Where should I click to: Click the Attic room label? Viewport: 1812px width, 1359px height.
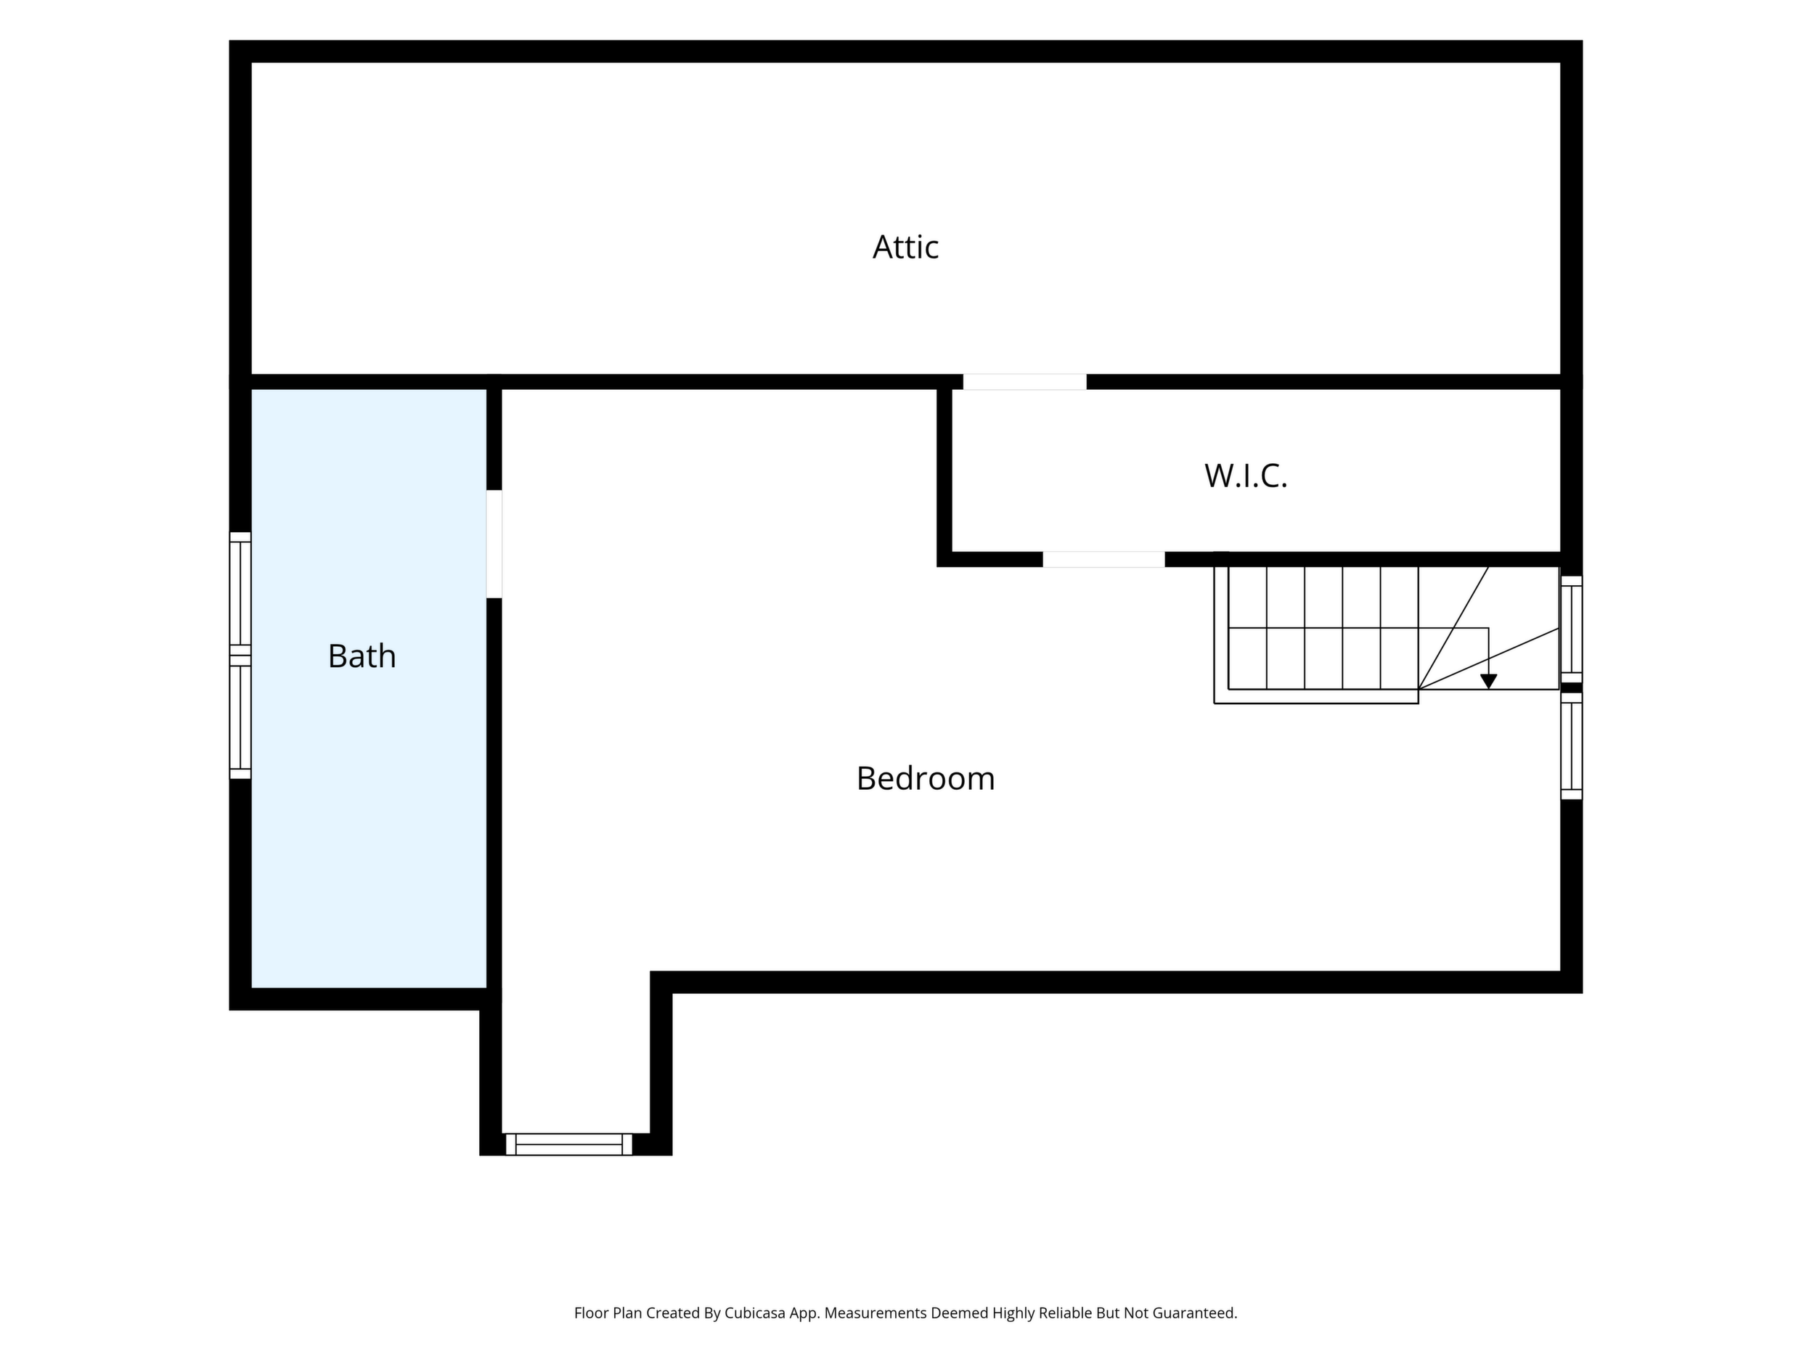click(x=905, y=247)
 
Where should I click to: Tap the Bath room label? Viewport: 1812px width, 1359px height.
click(x=362, y=656)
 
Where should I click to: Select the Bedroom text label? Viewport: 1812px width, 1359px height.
click(x=926, y=778)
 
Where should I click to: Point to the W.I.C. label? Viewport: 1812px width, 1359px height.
click(x=1246, y=476)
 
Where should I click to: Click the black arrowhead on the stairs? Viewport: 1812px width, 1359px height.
click(x=1488, y=682)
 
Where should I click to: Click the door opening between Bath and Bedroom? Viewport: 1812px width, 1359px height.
click(x=494, y=544)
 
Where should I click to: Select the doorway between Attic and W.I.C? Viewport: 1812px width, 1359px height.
click(x=1025, y=382)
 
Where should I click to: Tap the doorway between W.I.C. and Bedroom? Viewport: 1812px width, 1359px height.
click(x=1103, y=560)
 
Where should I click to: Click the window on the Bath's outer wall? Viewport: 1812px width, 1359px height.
click(x=240, y=656)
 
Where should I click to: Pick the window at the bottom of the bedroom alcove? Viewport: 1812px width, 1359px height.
click(x=568, y=1144)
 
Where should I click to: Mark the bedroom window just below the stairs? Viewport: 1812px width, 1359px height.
click(x=1571, y=746)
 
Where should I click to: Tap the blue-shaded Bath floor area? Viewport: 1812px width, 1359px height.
click(x=369, y=819)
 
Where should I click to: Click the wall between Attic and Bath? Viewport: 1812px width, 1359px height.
click(x=369, y=382)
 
